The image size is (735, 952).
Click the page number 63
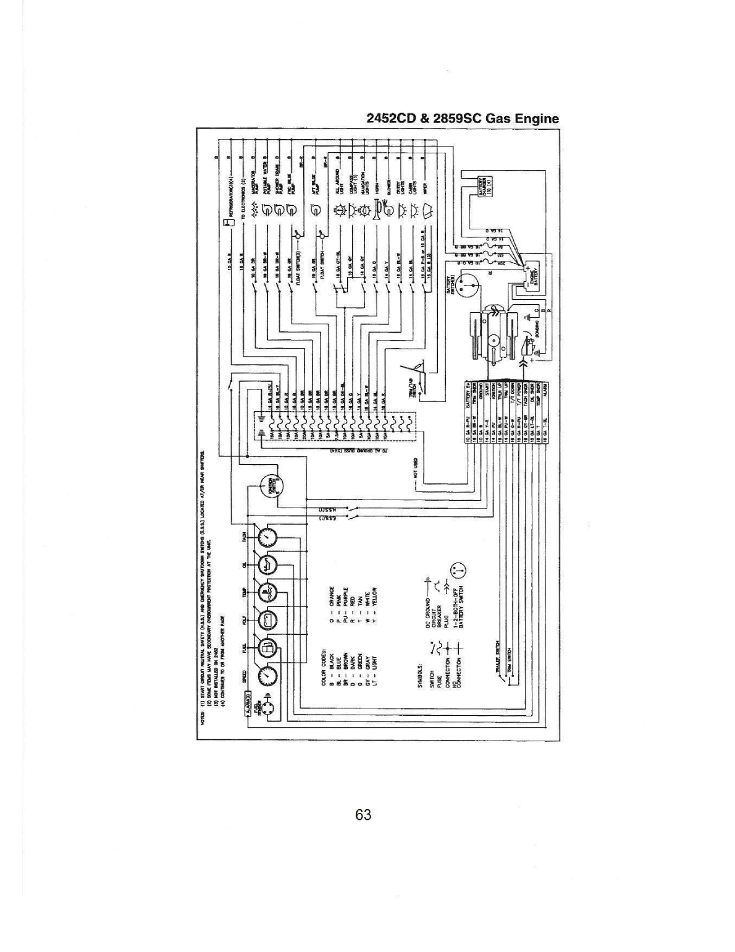point(363,815)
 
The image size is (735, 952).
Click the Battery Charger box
point(484,185)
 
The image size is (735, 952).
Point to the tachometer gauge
point(267,538)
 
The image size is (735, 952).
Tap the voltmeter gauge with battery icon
point(267,620)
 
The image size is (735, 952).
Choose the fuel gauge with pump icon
point(267,648)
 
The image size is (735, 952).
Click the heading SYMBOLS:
point(419,678)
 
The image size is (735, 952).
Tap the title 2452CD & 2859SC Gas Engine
point(463,118)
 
